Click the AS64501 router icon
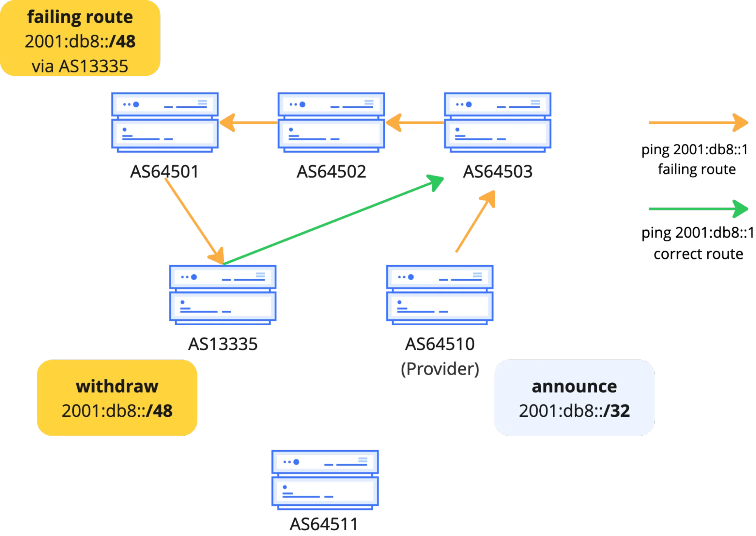pyautogui.click(x=165, y=122)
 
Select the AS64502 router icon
pyautogui.click(x=331, y=122)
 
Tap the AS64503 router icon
pyautogui.click(x=497, y=122)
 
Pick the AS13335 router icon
pyautogui.click(x=222, y=295)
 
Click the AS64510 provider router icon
pyautogui.click(x=439, y=295)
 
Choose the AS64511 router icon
pyautogui.click(x=325, y=479)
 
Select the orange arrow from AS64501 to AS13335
pyautogui.click(x=193, y=219)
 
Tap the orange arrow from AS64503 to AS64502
pyautogui.click(x=414, y=123)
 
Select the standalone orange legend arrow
pyautogui.click(x=698, y=123)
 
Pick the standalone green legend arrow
pyautogui.click(x=698, y=208)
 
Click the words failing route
pyautogui.click(x=80, y=17)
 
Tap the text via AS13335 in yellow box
pyautogui.click(x=80, y=66)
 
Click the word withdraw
pyautogui.click(x=117, y=386)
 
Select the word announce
pyautogui.click(x=574, y=386)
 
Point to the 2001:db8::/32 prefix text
pyautogui.click(x=574, y=411)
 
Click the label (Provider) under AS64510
pyautogui.click(x=440, y=369)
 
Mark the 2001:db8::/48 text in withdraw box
pyautogui.click(x=117, y=411)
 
